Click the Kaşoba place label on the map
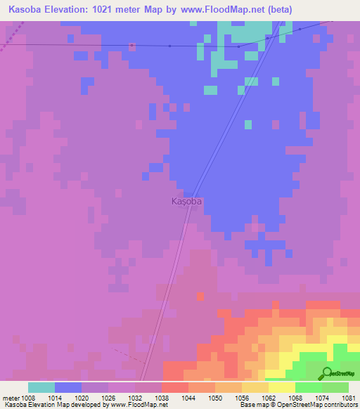(x=187, y=201)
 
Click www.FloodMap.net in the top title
(x=222, y=10)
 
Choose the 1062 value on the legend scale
(x=268, y=398)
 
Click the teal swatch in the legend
(x=41, y=387)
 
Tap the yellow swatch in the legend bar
(x=281, y=387)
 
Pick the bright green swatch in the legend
(x=308, y=387)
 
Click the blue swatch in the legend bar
(x=68, y=387)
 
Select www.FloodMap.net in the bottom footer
(x=138, y=405)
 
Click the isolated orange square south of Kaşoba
(x=200, y=297)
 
